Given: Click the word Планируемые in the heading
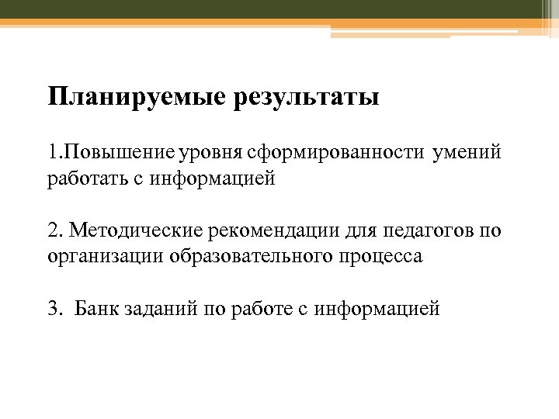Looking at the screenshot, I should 137,99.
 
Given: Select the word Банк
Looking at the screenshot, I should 96,308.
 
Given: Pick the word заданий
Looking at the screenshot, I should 161,308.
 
